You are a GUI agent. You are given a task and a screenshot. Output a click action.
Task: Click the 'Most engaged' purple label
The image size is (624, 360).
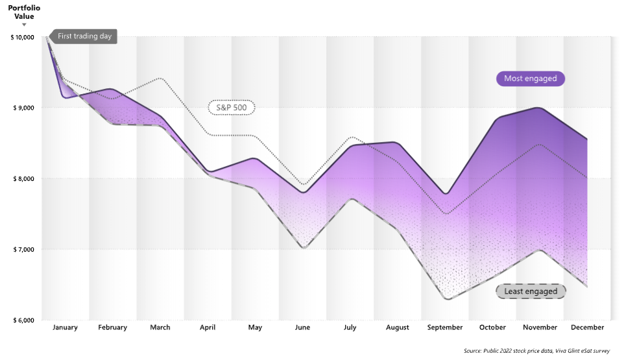531,78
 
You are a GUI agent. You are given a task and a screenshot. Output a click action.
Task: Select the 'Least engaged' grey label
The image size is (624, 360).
531,291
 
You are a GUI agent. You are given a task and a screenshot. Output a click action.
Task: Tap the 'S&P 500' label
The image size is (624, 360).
231,108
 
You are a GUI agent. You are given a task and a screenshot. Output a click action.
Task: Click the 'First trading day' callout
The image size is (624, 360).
84,36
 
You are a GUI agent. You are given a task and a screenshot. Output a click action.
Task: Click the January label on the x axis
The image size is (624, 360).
65,328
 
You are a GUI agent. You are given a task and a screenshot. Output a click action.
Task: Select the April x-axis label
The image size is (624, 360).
208,328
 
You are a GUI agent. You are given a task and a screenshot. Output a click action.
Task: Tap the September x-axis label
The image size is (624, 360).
445,328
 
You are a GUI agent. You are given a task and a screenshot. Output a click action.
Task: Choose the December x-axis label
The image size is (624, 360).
588,328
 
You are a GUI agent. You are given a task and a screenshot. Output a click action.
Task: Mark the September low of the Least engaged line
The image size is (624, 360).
445,298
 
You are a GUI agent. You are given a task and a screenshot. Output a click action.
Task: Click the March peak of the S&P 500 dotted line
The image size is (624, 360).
160,78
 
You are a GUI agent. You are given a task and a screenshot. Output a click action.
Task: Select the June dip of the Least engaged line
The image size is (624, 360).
303,248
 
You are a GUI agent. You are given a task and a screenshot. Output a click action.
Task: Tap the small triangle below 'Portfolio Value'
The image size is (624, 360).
24,25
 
